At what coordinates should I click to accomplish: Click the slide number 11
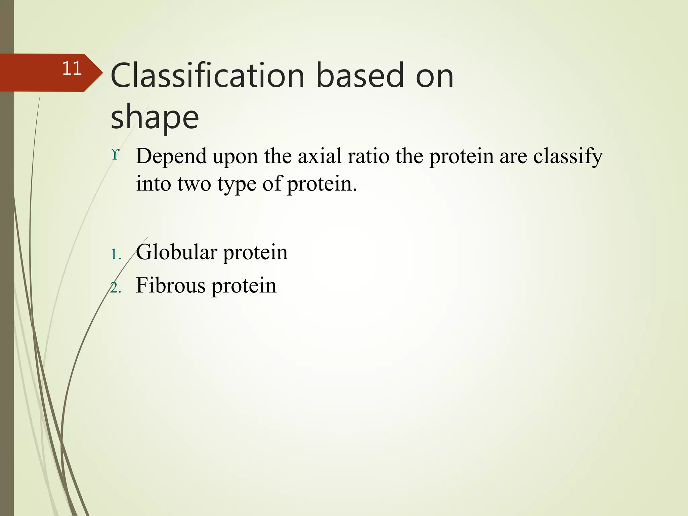click(x=72, y=69)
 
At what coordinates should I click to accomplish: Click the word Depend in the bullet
click(x=171, y=157)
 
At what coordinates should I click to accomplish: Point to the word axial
click(x=319, y=157)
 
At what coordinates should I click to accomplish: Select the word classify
click(x=568, y=157)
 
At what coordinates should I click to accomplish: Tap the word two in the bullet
click(x=194, y=184)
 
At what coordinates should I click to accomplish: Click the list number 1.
click(x=116, y=255)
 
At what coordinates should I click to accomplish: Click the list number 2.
click(x=116, y=288)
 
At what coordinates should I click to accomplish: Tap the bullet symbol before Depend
click(x=115, y=155)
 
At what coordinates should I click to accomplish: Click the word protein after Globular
click(x=255, y=253)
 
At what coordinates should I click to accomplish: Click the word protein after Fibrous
click(x=244, y=286)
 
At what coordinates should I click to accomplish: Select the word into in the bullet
click(x=153, y=184)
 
